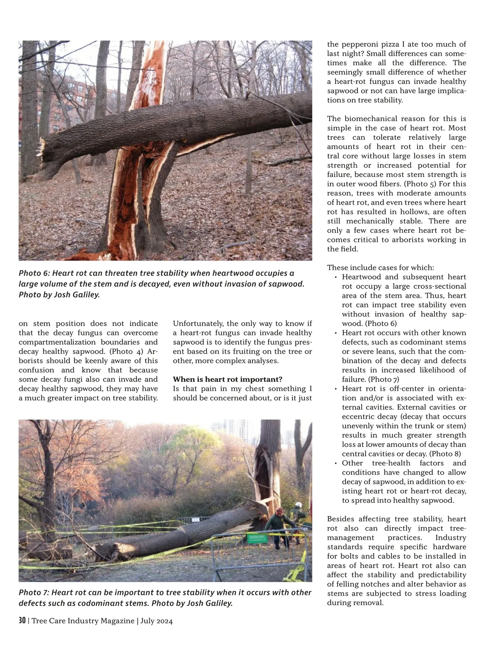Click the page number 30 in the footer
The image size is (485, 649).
coord(22,620)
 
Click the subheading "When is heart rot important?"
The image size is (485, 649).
coord(228,379)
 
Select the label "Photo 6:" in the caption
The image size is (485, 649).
coord(34,273)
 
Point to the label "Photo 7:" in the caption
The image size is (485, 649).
coord(34,592)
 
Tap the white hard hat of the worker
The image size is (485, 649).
coord(298,505)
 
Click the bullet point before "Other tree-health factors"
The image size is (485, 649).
coord(336,463)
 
